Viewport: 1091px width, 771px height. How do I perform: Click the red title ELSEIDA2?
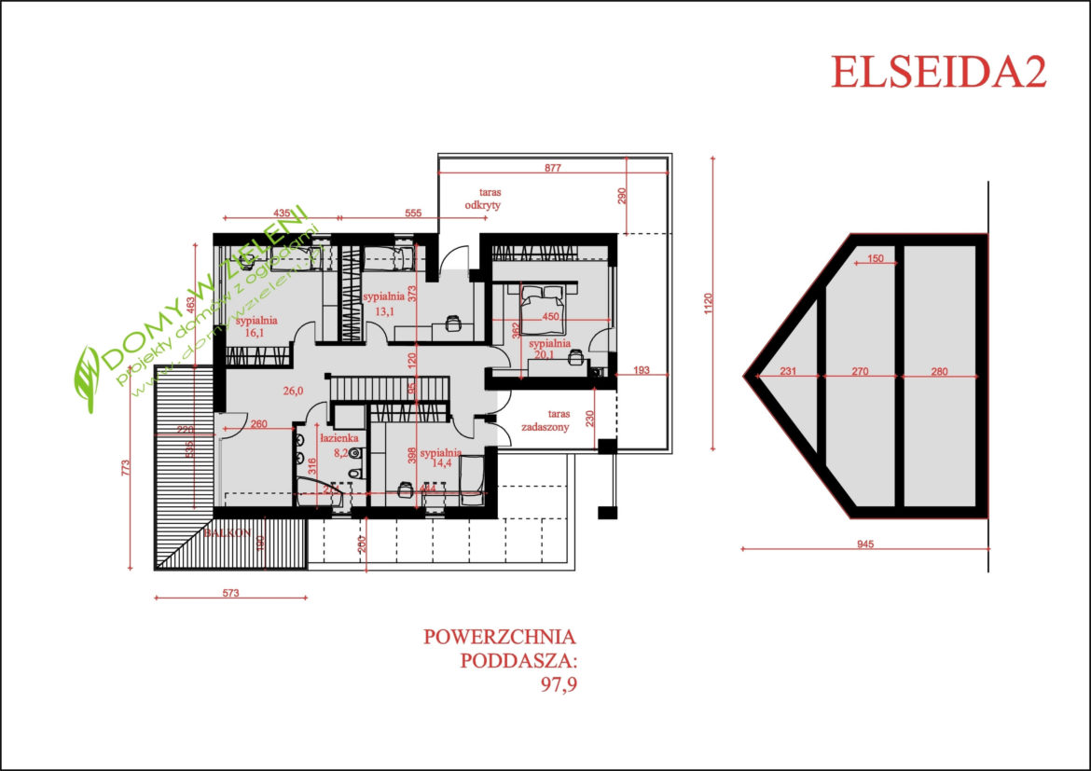[938, 72]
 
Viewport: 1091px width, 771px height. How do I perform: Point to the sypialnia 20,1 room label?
[548, 349]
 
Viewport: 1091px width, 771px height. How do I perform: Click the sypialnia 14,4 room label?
[440, 458]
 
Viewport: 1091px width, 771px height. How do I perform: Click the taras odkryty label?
[485, 197]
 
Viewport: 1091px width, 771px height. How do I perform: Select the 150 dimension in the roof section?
[875, 259]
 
